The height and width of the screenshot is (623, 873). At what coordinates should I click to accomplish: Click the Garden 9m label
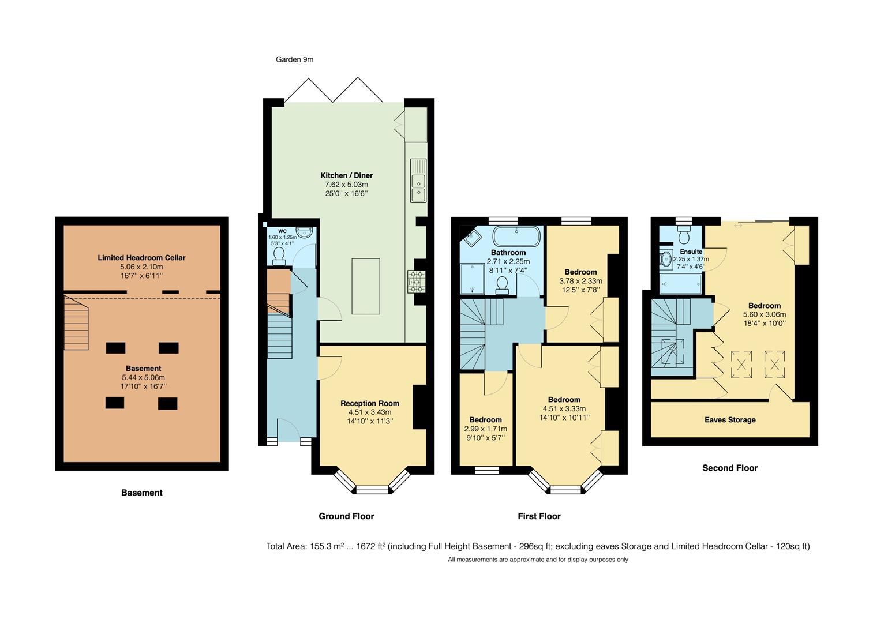click(294, 59)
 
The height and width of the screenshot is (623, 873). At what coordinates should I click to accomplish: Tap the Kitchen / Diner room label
click(346, 175)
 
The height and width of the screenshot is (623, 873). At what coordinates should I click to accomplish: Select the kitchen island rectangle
click(366, 286)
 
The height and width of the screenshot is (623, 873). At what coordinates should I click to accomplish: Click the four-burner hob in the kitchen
click(416, 282)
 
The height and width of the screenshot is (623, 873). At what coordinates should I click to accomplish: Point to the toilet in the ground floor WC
click(279, 256)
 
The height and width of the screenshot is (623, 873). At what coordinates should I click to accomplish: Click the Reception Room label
click(369, 404)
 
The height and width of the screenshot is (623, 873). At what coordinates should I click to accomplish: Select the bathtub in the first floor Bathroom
click(516, 237)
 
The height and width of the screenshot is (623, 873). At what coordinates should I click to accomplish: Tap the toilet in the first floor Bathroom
click(502, 285)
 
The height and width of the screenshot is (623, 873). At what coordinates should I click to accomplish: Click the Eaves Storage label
click(730, 420)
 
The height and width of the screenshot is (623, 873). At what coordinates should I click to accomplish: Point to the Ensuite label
click(691, 252)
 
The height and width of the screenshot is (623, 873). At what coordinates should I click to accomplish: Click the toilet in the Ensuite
click(684, 236)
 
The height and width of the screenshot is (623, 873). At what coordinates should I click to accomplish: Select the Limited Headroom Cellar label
click(141, 258)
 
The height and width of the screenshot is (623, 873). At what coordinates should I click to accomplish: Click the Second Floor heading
click(729, 468)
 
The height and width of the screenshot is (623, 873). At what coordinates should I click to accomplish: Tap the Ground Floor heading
click(346, 516)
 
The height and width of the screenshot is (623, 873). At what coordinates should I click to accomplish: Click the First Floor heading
click(539, 516)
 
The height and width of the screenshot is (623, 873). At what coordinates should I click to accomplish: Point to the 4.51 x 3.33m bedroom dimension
click(564, 409)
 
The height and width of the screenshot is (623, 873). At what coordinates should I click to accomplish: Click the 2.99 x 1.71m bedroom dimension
click(485, 429)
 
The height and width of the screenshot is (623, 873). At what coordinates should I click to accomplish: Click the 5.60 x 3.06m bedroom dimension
click(764, 315)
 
